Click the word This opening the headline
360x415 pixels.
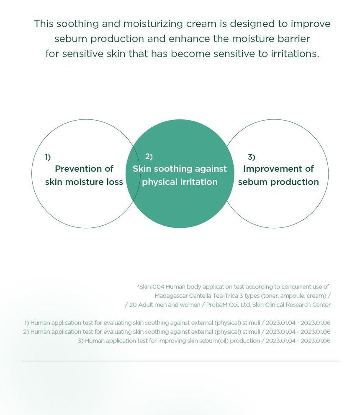tap(44, 23)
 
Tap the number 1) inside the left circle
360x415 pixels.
tap(48, 157)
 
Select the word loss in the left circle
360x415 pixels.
tap(114, 182)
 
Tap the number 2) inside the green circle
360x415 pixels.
tap(149, 157)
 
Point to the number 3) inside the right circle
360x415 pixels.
tap(252, 157)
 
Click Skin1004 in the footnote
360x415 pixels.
tap(151, 286)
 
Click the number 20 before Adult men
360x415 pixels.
tap(133, 305)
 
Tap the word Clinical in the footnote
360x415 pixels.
tap(275, 304)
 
